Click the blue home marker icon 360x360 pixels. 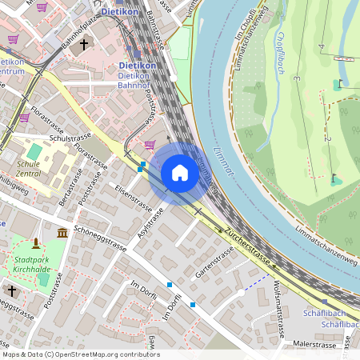click(180, 173)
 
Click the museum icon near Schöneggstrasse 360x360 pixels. click(62, 233)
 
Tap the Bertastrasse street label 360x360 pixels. click(69, 185)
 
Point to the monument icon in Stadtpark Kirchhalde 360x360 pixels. click(35, 243)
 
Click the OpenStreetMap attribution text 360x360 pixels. click(81, 354)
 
